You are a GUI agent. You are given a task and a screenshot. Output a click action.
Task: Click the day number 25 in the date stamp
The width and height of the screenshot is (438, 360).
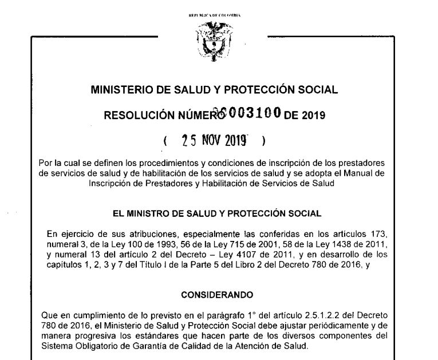click(189, 140)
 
